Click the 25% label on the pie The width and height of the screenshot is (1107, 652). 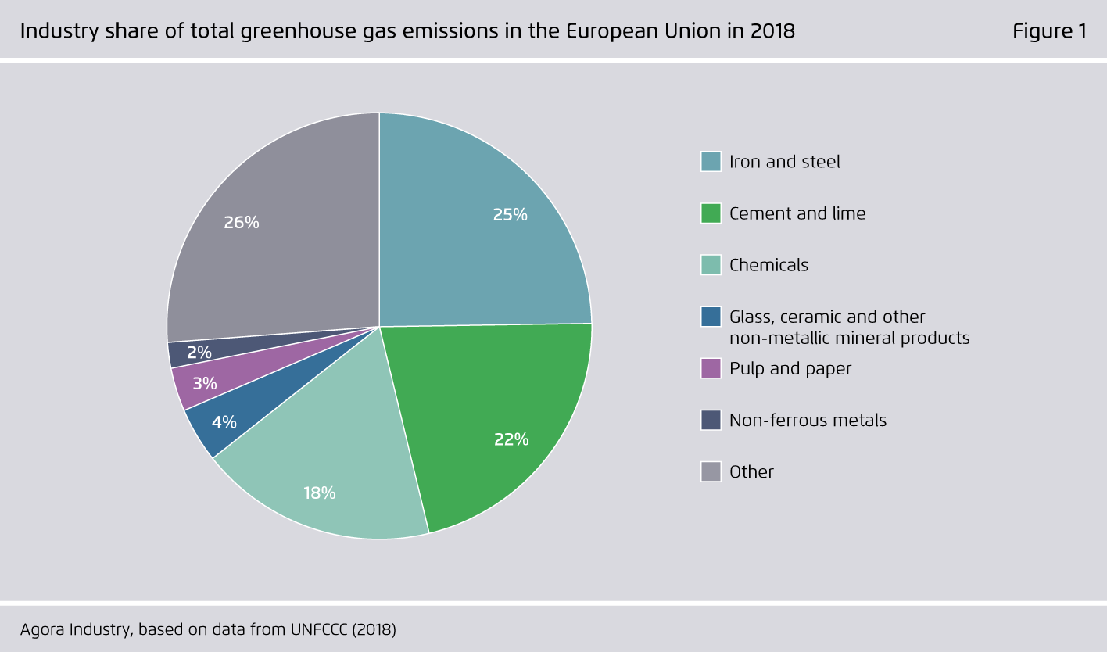pyautogui.click(x=510, y=215)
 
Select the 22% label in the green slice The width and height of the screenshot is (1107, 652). pyautogui.click(x=511, y=439)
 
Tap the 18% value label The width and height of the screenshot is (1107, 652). pyautogui.click(x=319, y=493)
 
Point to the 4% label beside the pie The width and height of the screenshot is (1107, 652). pyautogui.click(x=224, y=422)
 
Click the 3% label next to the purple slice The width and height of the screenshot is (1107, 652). pyautogui.click(x=204, y=383)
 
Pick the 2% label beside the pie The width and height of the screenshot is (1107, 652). pyautogui.click(x=199, y=353)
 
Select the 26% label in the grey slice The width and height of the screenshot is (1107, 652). pyautogui.click(x=241, y=223)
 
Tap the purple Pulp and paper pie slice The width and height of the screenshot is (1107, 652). pyautogui.click(x=250, y=367)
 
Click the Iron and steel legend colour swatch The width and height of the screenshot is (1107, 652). pyautogui.click(x=711, y=162)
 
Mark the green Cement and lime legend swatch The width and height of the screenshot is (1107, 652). pyautogui.click(x=711, y=213)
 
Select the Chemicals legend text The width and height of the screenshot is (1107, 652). pyautogui.click(x=768, y=265)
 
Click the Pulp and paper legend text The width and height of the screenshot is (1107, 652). pyautogui.click(x=790, y=368)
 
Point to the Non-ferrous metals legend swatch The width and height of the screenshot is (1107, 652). pyautogui.click(x=711, y=420)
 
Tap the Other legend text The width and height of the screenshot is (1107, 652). pyautogui.click(x=751, y=472)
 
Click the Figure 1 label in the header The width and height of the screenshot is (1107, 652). pyautogui.click(x=1049, y=31)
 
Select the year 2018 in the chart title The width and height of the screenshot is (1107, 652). pyautogui.click(x=773, y=31)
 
